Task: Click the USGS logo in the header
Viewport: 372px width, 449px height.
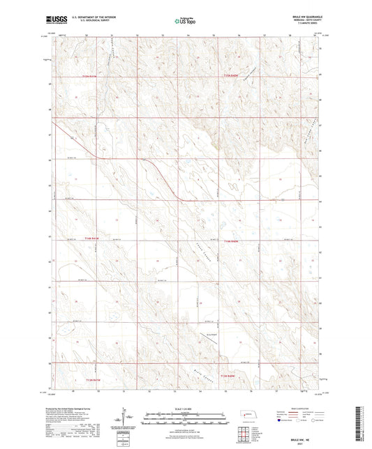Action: pos(57,22)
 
